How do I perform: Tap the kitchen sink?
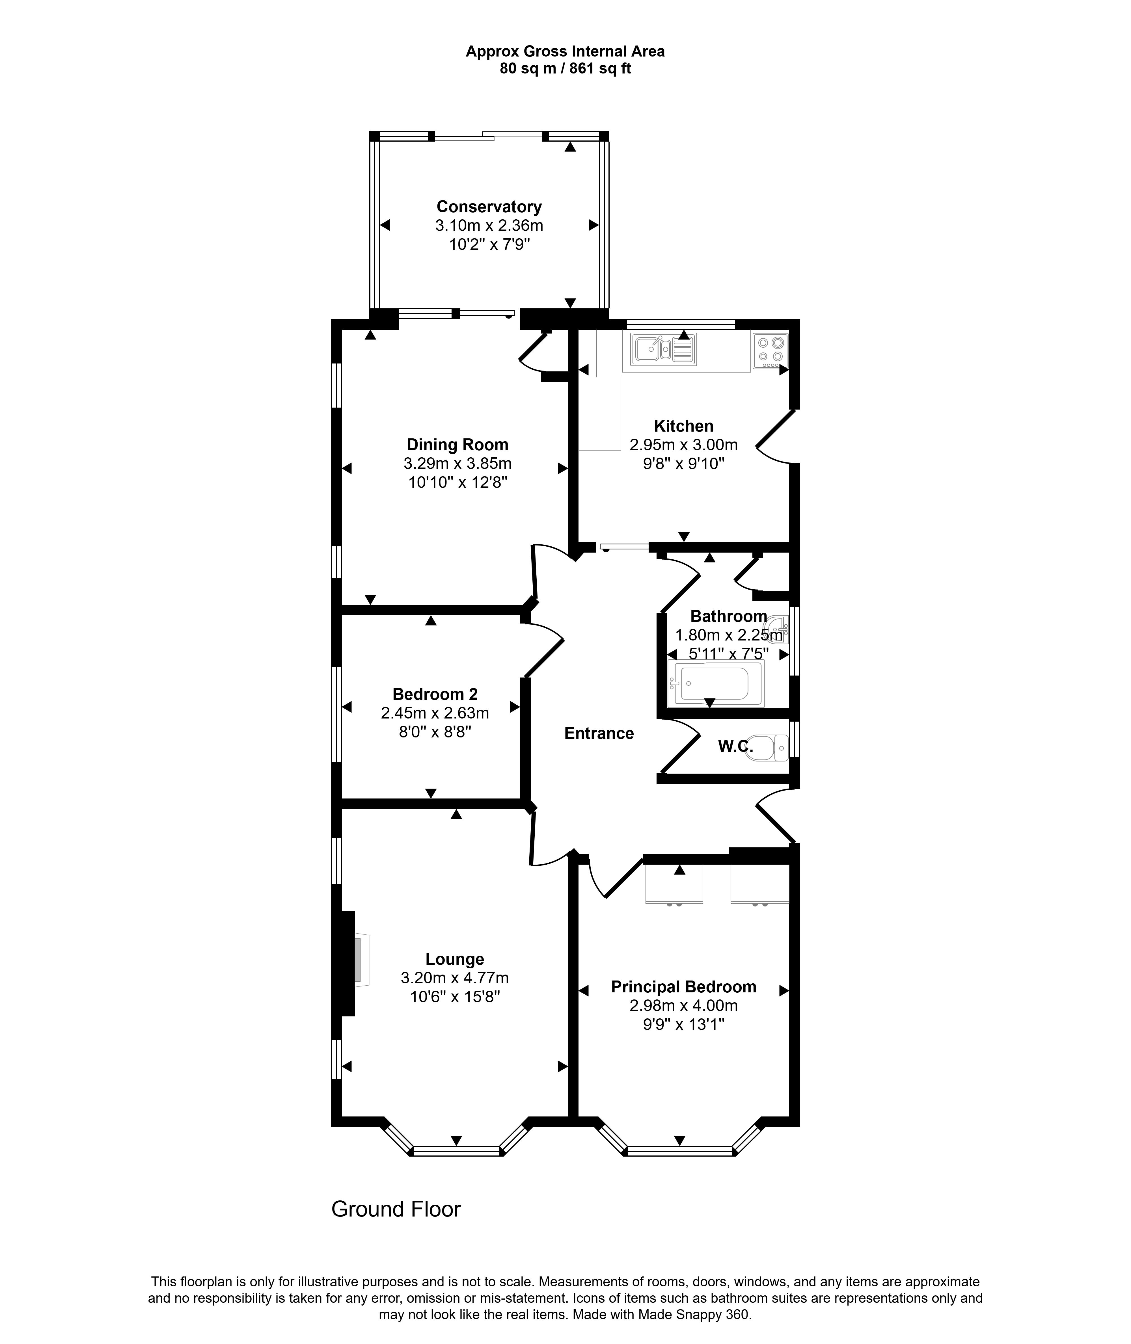click(x=664, y=349)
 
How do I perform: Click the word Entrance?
click(x=599, y=733)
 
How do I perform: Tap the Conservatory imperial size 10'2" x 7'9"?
click(x=489, y=244)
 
